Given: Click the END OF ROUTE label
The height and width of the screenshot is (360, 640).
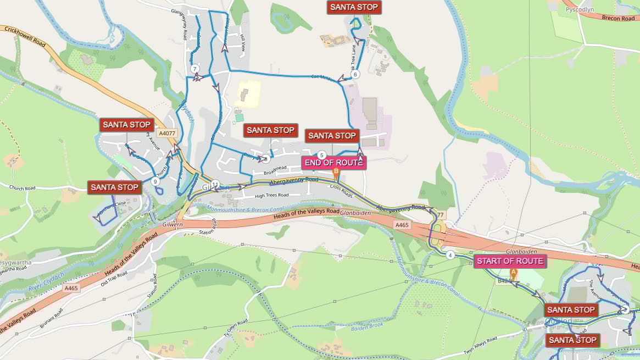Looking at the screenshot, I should tap(334, 163).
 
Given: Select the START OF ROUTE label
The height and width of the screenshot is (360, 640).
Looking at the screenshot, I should tap(510, 261).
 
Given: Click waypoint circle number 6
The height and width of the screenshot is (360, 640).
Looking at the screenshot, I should tap(355, 75).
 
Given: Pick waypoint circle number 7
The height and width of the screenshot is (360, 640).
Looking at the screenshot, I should tap(194, 69).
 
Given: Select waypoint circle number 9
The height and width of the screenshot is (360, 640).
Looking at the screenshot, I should tap(155, 181).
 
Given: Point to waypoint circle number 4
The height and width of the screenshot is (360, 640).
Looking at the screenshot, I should tap(450, 255).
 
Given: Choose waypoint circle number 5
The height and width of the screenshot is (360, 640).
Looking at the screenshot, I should tap(322, 155).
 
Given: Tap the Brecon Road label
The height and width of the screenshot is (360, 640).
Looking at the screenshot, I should tap(618, 18).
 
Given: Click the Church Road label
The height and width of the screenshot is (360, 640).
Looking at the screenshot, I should tap(22, 187).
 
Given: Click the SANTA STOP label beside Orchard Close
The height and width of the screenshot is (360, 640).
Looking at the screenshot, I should tap(114, 187).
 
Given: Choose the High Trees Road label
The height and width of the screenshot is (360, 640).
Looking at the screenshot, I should tap(271, 195).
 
